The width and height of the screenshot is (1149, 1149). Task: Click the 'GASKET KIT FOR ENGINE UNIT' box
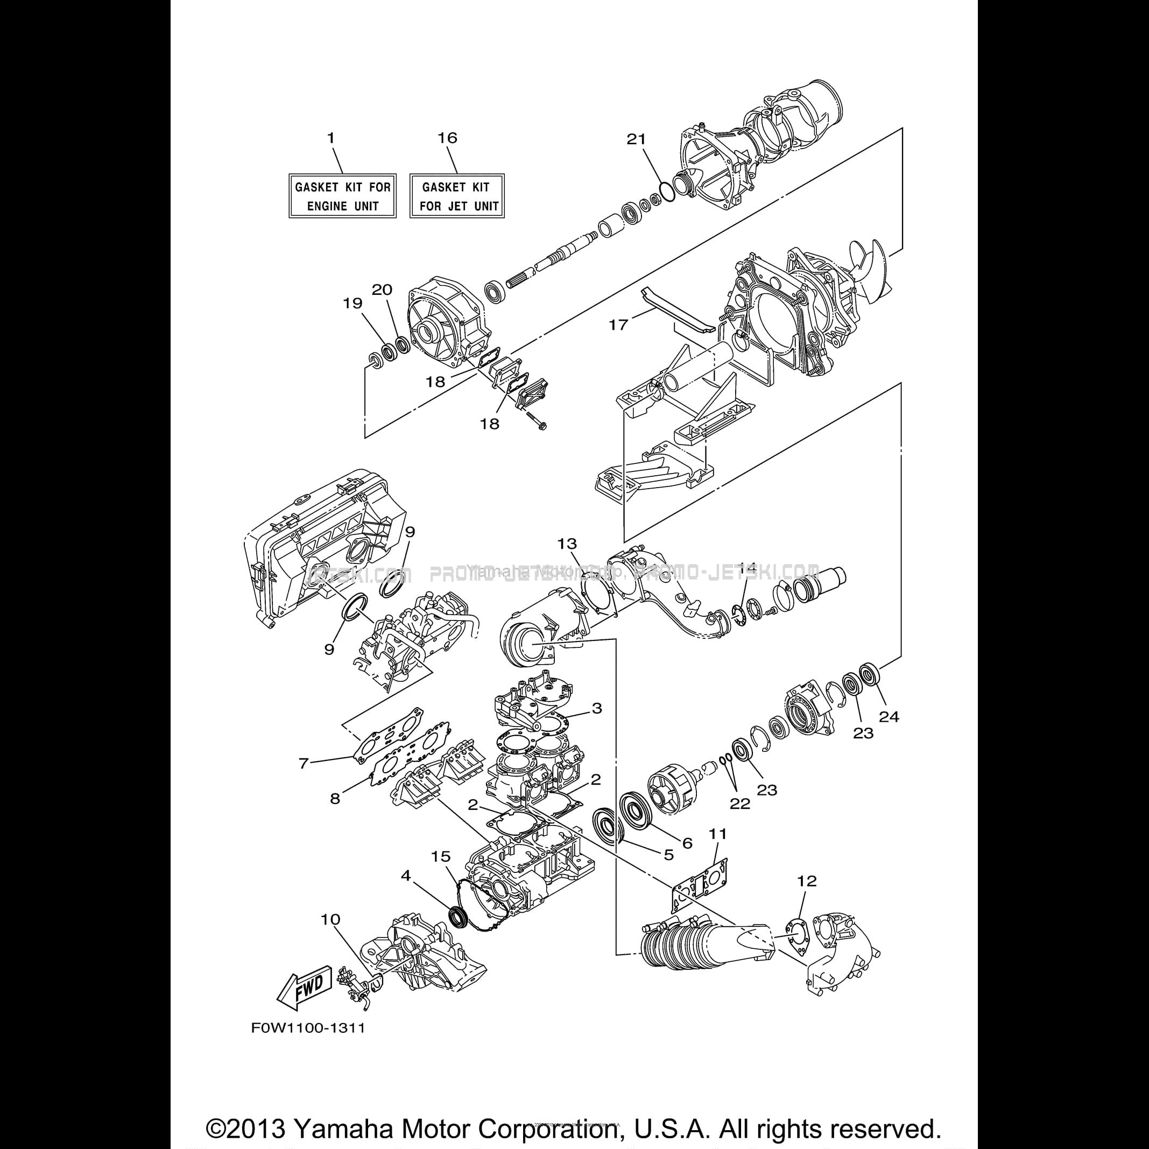(343, 196)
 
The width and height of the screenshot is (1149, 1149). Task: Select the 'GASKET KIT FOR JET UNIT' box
(457, 196)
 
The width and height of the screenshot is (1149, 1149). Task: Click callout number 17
(618, 325)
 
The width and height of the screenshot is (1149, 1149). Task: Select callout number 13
(567, 544)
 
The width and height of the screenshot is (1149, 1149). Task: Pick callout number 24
(889, 717)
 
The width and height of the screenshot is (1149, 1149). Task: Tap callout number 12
(808, 881)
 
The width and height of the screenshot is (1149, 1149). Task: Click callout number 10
(330, 919)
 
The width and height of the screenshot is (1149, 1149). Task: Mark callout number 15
(441, 856)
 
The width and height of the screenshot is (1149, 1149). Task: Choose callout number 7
(304, 763)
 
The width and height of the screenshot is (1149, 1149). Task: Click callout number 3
(596, 708)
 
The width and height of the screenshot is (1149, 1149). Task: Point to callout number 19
(353, 304)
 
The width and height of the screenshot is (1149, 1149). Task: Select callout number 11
(718, 834)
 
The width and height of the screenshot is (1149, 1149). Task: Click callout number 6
(687, 843)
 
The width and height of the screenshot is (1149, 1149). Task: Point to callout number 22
(740, 803)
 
